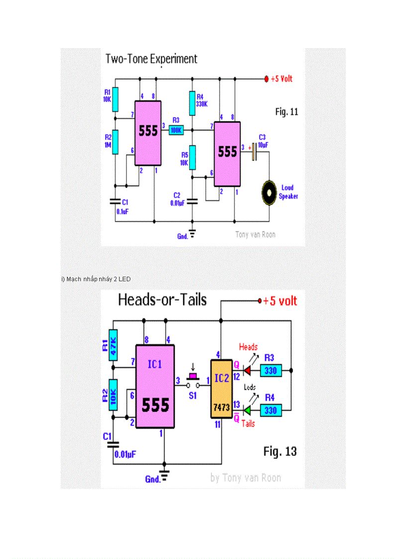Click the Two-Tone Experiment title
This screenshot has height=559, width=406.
point(151,59)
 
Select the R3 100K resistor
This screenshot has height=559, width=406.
point(176,130)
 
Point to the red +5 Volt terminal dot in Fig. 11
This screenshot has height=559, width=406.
point(267,79)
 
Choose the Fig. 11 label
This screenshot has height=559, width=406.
point(287,112)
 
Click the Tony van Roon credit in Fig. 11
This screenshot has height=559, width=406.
point(255,234)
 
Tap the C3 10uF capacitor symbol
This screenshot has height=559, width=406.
point(254,152)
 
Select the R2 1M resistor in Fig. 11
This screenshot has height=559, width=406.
point(115,142)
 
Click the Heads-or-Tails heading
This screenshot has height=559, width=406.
point(162,300)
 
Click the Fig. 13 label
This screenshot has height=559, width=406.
point(280,451)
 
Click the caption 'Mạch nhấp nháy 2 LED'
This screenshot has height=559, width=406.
point(96,279)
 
